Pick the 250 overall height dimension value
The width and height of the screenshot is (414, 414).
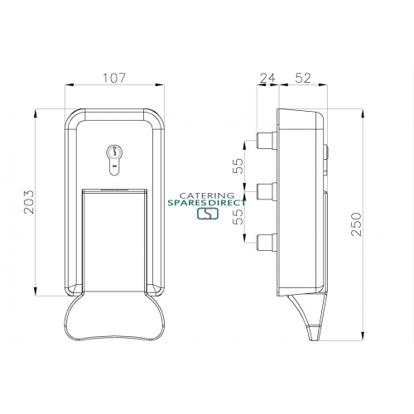(x=356, y=224)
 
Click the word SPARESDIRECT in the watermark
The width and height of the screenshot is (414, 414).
(x=208, y=200)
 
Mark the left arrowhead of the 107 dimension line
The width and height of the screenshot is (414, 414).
(x=66, y=86)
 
